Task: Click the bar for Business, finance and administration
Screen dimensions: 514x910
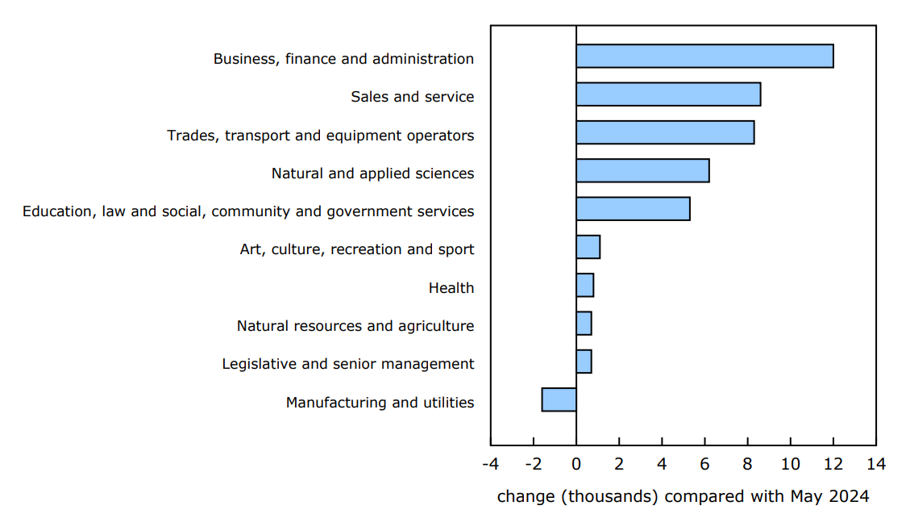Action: pyautogui.click(x=704, y=56)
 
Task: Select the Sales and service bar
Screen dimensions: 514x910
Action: pyautogui.click(x=668, y=94)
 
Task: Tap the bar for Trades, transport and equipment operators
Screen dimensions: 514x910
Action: pyautogui.click(x=665, y=132)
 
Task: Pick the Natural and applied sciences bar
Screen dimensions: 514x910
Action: pyautogui.click(x=642, y=171)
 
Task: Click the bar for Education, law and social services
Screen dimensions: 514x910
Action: pyautogui.click(x=633, y=209)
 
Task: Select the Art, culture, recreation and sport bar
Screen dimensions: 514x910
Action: pyautogui.click(x=588, y=247)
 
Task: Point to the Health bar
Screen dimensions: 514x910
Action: pyautogui.click(x=584, y=285)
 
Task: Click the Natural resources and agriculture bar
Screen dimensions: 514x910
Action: pyautogui.click(x=584, y=324)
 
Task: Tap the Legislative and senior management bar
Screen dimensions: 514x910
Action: pyautogui.click(x=584, y=361)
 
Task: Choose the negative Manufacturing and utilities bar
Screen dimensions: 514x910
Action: pyautogui.click(x=559, y=399)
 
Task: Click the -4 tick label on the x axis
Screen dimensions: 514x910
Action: pyautogui.click(x=489, y=464)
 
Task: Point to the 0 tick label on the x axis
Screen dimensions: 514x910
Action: pyautogui.click(x=576, y=464)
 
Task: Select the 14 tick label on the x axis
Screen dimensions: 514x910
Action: pyautogui.click(x=875, y=464)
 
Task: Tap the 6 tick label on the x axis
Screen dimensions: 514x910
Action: pyautogui.click(x=704, y=464)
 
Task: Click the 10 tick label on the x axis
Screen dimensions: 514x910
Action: pyautogui.click(x=790, y=464)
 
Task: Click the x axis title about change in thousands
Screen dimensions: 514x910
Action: pyautogui.click(x=683, y=495)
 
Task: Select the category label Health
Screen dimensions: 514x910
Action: pyautogui.click(x=451, y=288)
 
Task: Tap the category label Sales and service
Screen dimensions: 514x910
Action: pyautogui.click(x=412, y=97)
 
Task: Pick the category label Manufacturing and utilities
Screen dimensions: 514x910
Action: pyautogui.click(x=380, y=403)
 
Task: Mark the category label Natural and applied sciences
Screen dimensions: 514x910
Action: pyautogui.click(x=372, y=173)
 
